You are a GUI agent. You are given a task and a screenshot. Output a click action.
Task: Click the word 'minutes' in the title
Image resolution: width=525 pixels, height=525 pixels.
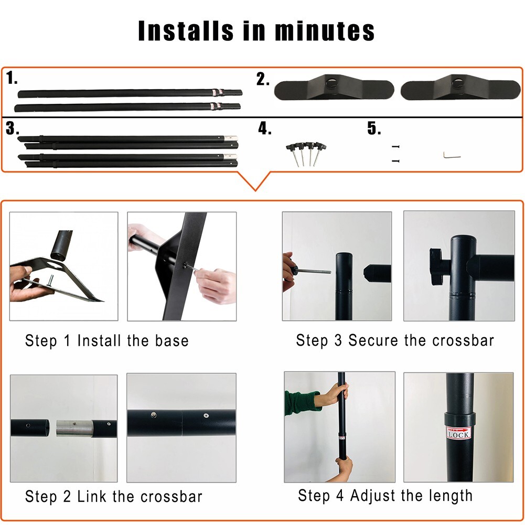(325, 31)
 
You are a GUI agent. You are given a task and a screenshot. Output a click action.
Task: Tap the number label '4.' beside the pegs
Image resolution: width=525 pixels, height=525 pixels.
(264, 128)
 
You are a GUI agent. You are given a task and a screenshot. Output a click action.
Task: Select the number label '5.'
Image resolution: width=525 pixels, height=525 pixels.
(374, 128)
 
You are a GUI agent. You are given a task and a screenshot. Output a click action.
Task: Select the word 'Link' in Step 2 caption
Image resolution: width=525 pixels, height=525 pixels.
(96, 496)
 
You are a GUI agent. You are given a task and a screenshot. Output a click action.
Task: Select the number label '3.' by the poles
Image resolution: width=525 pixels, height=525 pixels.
(13, 128)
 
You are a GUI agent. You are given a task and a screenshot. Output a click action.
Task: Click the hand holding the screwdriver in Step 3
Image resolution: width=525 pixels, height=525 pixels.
(288, 270)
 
